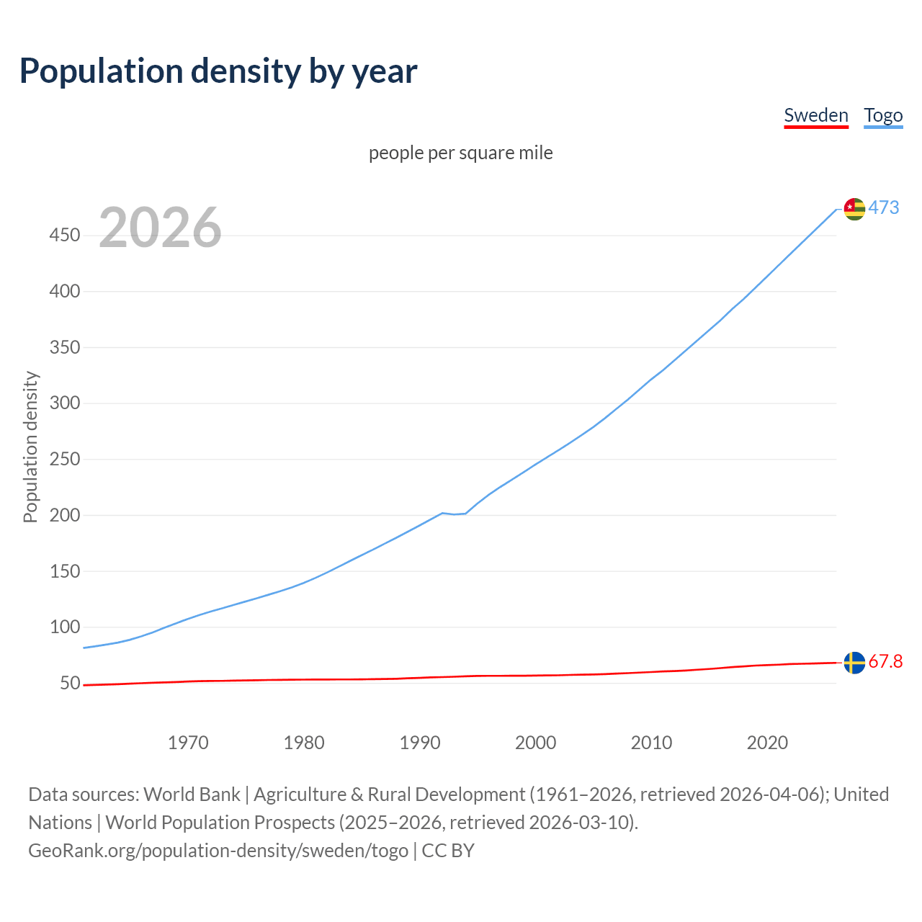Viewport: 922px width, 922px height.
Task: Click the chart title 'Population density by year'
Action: [x=218, y=71]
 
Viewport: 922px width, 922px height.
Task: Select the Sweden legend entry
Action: [x=815, y=115]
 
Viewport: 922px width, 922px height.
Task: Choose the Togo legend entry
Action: [x=883, y=115]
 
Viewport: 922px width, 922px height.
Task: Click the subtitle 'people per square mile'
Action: [x=460, y=153]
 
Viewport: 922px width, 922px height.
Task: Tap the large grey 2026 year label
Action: [x=160, y=228]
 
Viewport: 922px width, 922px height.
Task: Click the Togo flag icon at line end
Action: [x=854, y=209]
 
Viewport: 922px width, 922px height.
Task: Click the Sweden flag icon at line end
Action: [x=854, y=663]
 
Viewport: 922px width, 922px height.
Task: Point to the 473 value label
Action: [x=884, y=207]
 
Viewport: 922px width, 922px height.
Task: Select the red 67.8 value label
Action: [x=885, y=661]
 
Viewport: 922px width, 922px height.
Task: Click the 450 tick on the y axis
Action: [x=65, y=236]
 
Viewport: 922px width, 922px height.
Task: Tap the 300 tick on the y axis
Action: [x=65, y=403]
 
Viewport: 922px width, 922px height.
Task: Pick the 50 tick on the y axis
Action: [x=70, y=683]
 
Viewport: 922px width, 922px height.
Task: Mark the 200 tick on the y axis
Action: [x=65, y=515]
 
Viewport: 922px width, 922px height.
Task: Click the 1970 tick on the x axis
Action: [x=188, y=743]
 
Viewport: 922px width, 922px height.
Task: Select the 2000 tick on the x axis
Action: [x=535, y=743]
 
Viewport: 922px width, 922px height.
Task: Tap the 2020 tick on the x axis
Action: [x=767, y=743]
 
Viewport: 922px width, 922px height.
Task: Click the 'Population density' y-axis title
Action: [x=30, y=447]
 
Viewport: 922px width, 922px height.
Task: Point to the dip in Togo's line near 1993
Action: [x=454, y=514]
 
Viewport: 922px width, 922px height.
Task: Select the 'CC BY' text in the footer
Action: [x=447, y=851]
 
